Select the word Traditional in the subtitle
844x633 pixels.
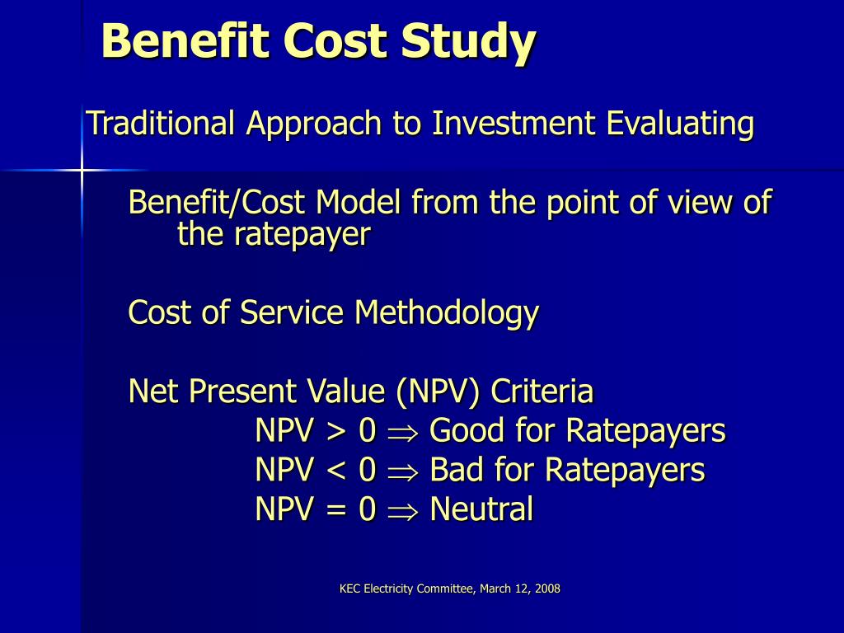click(162, 124)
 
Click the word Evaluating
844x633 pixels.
click(680, 124)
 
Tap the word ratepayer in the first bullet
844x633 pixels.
click(302, 235)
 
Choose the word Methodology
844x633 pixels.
click(447, 312)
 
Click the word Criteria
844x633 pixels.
click(542, 391)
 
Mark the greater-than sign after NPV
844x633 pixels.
click(336, 431)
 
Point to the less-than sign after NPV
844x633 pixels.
click(336, 470)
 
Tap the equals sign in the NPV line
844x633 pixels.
click(336, 509)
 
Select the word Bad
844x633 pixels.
click(457, 470)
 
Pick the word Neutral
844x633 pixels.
click(481, 509)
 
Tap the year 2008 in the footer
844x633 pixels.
click(546, 588)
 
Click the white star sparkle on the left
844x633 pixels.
click(82, 170)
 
